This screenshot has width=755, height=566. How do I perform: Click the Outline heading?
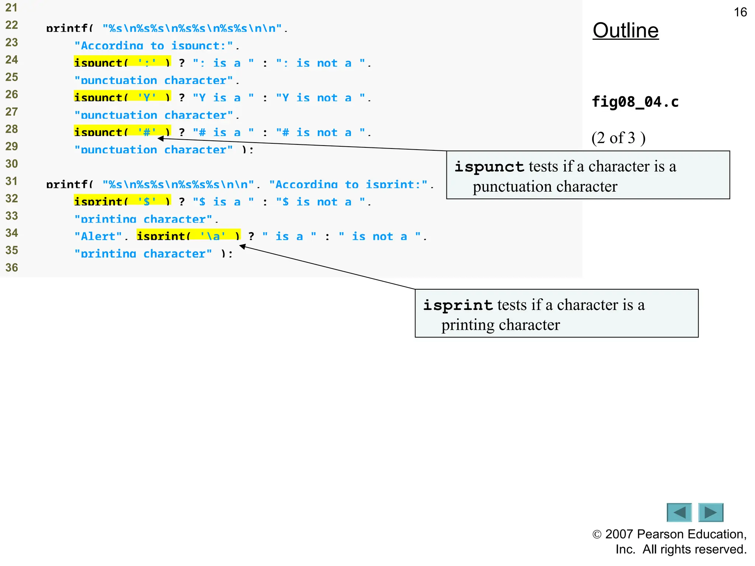click(x=625, y=31)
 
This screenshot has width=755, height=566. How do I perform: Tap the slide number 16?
click(x=740, y=12)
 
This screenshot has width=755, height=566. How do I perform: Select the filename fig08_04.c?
click(x=635, y=102)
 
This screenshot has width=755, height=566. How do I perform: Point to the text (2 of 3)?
click(x=618, y=138)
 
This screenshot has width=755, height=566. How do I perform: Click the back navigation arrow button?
click(x=679, y=512)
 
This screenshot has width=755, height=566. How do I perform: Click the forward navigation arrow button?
click(x=711, y=512)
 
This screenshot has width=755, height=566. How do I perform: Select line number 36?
click(x=11, y=268)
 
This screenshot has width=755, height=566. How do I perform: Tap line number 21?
click(x=11, y=7)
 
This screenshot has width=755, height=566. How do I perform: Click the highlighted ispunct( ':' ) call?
click(x=122, y=62)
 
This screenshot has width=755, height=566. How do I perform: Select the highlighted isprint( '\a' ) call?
click(x=188, y=235)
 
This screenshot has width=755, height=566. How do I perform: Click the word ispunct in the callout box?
click(x=489, y=167)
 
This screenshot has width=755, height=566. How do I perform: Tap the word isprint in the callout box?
click(x=457, y=305)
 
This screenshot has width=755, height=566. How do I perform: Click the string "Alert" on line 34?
click(x=98, y=236)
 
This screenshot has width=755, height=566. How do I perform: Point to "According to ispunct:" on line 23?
click(x=153, y=45)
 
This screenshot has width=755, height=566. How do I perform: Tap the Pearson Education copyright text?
click(x=669, y=542)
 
